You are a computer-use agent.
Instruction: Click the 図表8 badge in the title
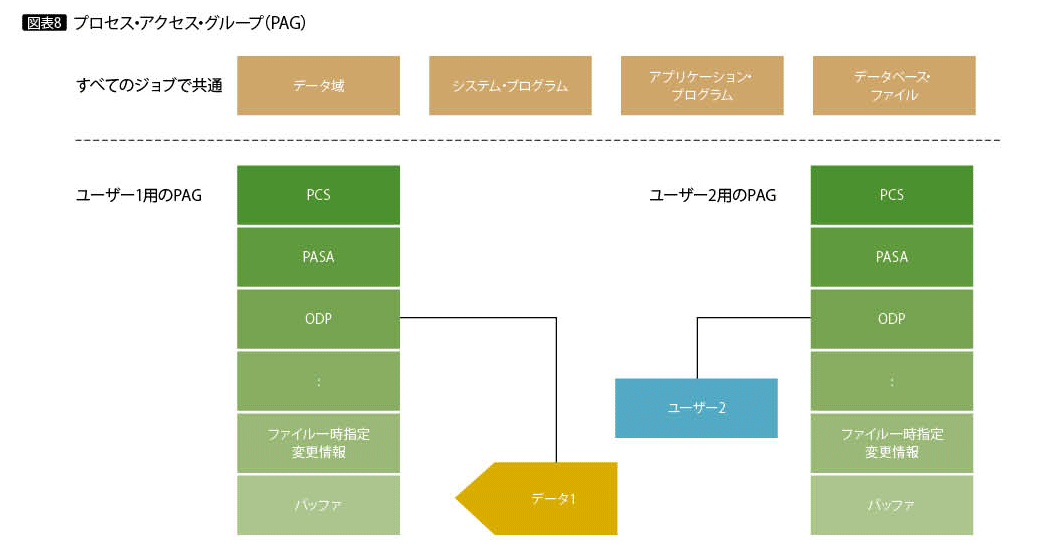point(44,23)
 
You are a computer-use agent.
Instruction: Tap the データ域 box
point(318,86)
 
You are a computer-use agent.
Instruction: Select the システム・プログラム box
point(510,86)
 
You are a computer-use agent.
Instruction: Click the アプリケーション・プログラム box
point(701,86)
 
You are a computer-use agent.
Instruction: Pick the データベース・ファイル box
point(894,86)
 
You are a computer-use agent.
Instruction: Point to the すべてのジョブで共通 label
point(150,86)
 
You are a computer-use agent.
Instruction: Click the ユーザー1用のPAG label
point(140,196)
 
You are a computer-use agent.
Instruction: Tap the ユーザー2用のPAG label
point(713,196)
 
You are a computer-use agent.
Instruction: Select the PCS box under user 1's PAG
point(318,195)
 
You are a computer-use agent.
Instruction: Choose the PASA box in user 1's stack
point(318,257)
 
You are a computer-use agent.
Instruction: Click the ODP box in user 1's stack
point(318,319)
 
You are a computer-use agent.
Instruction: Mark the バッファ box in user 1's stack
point(318,505)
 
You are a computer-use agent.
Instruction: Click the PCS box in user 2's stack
point(891,195)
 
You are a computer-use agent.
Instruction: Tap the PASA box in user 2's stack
point(891,257)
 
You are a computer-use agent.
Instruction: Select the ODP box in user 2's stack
point(891,319)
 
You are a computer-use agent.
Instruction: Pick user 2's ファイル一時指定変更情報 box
point(891,443)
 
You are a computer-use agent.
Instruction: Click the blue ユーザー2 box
point(696,408)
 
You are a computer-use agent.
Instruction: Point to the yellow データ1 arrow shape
point(545,498)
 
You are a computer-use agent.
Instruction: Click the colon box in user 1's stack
point(318,381)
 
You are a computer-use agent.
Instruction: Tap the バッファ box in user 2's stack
point(891,505)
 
